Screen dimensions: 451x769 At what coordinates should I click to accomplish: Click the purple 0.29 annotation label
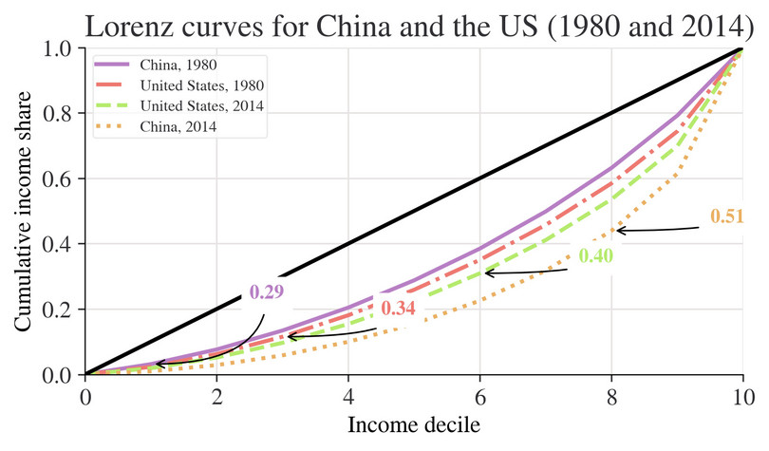point(267,292)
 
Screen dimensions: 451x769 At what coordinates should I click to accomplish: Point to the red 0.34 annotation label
point(398,309)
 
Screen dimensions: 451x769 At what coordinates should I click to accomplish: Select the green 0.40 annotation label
point(596,256)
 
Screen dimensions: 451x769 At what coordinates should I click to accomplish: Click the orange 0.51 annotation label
point(726,216)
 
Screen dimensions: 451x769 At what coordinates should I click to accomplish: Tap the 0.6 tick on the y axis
point(62,179)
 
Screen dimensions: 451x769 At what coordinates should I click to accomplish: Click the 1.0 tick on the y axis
point(62,48)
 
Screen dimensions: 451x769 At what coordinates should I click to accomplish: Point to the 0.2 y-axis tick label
point(62,310)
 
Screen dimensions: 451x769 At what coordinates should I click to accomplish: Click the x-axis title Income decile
point(414,424)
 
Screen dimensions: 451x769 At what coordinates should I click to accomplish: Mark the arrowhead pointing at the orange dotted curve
point(618,230)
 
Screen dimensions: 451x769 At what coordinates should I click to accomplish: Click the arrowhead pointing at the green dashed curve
point(487,273)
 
